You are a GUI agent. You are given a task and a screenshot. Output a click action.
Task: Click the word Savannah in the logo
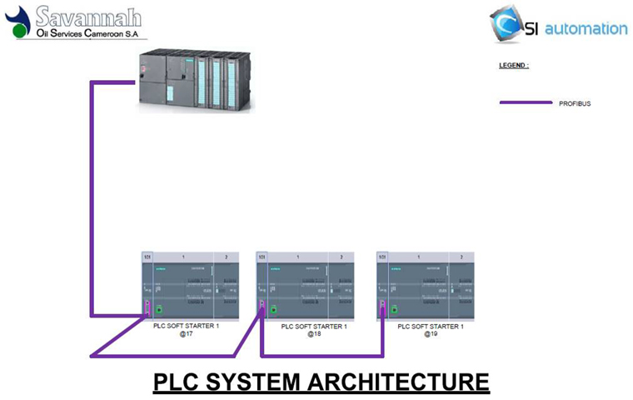(x=87, y=17)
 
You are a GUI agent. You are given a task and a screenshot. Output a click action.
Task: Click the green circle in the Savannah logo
(x=22, y=31)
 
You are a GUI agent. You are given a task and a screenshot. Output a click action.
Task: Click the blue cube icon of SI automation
(x=507, y=23)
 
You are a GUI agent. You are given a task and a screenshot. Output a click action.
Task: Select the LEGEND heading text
(x=514, y=65)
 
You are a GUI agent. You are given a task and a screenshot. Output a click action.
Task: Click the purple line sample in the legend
(x=525, y=102)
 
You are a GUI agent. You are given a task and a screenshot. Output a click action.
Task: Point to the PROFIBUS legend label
(x=575, y=103)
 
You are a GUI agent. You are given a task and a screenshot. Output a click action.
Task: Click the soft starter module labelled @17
(x=190, y=285)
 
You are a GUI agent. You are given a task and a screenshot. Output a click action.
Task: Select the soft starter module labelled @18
(x=304, y=285)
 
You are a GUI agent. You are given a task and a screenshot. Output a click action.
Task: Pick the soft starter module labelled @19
(x=425, y=285)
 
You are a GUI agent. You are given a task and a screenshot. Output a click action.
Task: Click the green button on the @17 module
(x=159, y=309)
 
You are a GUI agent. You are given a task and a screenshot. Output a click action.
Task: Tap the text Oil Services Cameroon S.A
(x=85, y=33)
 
